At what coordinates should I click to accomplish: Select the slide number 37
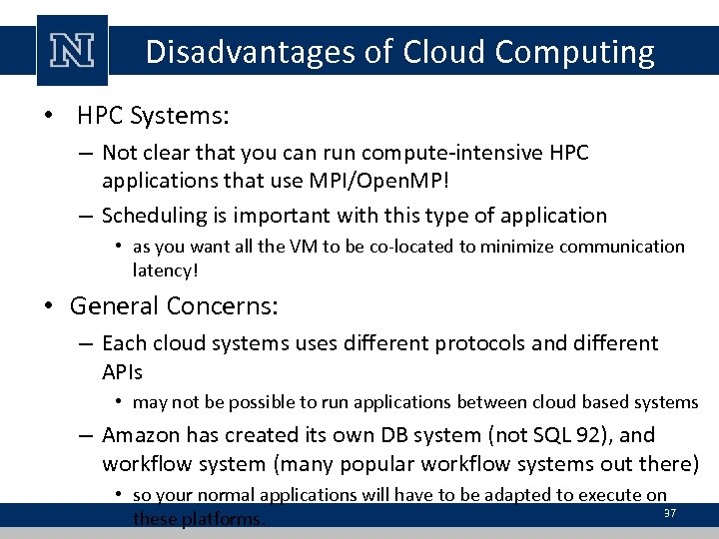[670, 513]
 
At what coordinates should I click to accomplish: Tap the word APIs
[123, 372]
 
